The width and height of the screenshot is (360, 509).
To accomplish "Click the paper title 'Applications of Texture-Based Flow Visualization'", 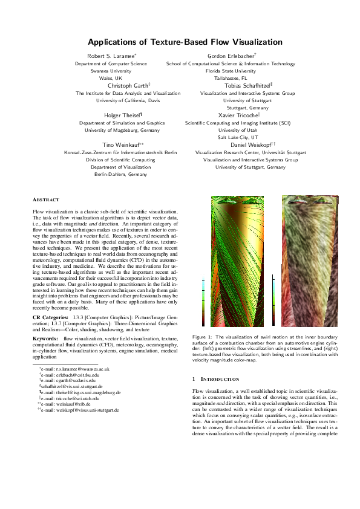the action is (x=179, y=42).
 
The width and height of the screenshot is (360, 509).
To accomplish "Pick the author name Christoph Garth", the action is (x=128, y=86).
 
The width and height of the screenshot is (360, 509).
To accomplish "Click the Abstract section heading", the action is (x=46, y=199).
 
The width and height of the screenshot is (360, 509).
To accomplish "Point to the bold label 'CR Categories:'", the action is (x=50, y=317).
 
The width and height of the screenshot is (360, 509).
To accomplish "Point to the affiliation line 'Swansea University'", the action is (x=111, y=71).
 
